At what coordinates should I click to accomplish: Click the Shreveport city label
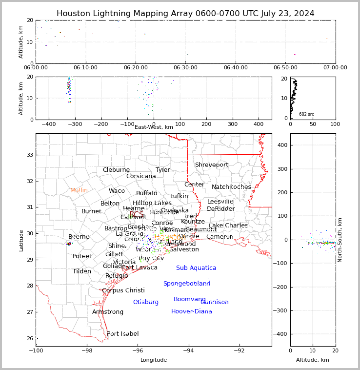tap(212, 165)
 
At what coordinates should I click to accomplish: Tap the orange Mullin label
tap(79, 190)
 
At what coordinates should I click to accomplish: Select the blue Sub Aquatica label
tap(196, 268)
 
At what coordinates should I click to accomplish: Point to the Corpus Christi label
tap(123, 290)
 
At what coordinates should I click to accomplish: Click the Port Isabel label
tap(123, 334)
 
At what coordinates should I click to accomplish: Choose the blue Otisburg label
tap(146, 302)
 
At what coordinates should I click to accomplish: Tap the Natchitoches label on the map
tap(231, 187)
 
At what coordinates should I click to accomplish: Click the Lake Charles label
tap(228, 226)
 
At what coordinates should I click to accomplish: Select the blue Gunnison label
tap(214, 302)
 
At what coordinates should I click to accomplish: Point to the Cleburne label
tap(116, 170)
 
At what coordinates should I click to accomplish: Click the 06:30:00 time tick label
tap(185, 68)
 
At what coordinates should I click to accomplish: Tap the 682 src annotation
tap(306, 114)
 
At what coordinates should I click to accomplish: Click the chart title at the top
tap(185, 14)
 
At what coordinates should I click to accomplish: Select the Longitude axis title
tap(154, 360)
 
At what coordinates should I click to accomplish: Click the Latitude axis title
tap(21, 241)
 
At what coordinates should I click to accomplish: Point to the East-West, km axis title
tap(154, 127)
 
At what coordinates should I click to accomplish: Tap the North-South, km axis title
tap(340, 240)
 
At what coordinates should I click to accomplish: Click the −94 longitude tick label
tap(188, 350)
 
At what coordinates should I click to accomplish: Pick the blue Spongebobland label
tap(187, 284)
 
